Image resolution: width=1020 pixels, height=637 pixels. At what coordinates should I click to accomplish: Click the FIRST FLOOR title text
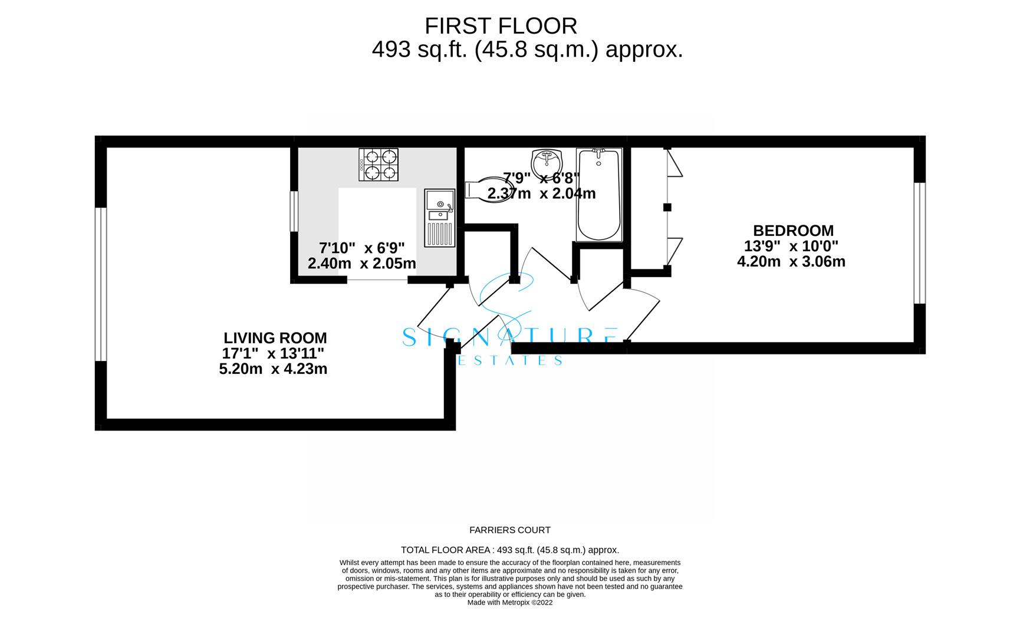click(x=501, y=26)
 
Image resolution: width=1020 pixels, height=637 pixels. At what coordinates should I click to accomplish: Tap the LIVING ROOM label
click(x=275, y=338)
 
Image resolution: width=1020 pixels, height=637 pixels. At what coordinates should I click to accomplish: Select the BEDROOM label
click(x=793, y=231)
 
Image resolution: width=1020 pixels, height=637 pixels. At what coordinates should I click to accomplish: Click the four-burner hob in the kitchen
click(x=379, y=164)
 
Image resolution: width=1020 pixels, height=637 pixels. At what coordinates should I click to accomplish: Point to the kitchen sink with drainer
click(x=439, y=218)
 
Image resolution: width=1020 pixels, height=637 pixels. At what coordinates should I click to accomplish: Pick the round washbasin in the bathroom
click(x=547, y=161)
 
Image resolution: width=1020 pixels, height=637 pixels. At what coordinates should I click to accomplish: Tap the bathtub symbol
click(x=598, y=195)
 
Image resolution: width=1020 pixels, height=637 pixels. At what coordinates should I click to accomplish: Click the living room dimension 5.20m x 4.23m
click(x=273, y=369)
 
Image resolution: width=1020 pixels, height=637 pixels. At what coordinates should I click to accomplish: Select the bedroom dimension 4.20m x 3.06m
click(x=791, y=261)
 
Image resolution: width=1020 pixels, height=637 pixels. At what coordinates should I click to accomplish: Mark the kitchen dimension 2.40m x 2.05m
click(x=361, y=263)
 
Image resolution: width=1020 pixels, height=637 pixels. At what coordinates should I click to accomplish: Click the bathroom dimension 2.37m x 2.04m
click(x=541, y=193)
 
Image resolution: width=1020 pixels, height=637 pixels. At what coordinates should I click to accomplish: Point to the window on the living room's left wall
click(x=101, y=284)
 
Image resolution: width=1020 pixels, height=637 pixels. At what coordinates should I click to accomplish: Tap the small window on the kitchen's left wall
click(x=294, y=211)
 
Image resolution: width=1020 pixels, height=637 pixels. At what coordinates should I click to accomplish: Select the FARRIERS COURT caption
click(x=509, y=530)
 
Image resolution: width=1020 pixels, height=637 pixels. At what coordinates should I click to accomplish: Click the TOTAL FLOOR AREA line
click(x=509, y=550)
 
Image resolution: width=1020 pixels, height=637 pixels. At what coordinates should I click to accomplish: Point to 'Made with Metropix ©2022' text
click(x=509, y=602)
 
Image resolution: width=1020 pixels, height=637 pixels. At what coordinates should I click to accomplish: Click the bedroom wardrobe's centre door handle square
click(x=667, y=207)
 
